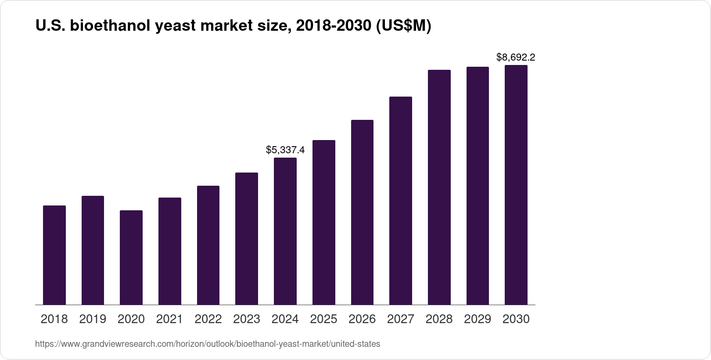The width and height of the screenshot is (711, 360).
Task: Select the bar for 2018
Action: click(54, 255)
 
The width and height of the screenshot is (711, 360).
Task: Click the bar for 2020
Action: click(131, 257)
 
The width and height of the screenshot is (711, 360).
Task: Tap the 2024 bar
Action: click(285, 231)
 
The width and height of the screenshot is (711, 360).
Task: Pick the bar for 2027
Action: click(401, 200)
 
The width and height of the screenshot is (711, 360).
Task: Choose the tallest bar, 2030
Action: click(516, 184)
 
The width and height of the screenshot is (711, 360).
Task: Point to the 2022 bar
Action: click(208, 245)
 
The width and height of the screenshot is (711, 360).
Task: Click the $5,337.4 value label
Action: click(285, 150)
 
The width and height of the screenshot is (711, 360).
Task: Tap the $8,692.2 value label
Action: click(516, 57)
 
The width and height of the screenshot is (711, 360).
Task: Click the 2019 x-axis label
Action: click(93, 319)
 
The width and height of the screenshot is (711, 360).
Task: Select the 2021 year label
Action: click(169, 319)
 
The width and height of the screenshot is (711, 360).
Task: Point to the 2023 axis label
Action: click(247, 319)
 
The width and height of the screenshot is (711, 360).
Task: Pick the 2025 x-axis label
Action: click(323, 319)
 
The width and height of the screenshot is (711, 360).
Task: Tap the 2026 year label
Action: click(362, 319)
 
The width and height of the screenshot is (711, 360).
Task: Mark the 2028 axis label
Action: click(439, 319)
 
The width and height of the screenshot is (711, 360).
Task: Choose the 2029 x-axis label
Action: click(478, 319)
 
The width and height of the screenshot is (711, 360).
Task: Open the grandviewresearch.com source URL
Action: click(208, 344)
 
